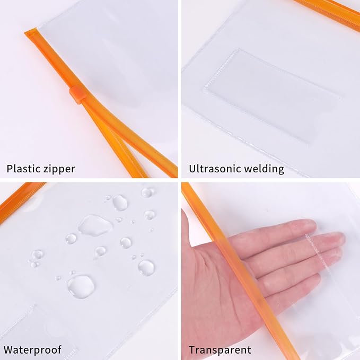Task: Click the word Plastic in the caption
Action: click(23, 169)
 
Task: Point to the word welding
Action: click(265, 170)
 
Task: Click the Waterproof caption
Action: click(32, 350)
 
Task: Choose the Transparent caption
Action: click(220, 350)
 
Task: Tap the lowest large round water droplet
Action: click(80, 286)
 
